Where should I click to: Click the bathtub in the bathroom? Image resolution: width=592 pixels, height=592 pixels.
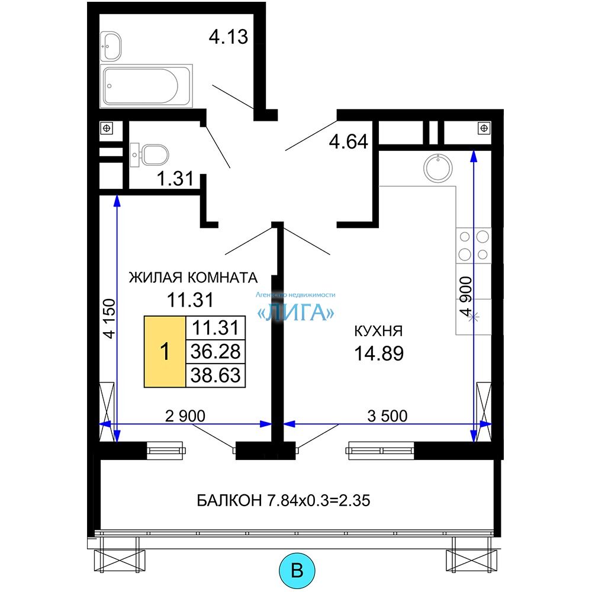tap(146, 86)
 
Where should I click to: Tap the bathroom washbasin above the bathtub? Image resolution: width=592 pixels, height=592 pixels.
tap(111, 46)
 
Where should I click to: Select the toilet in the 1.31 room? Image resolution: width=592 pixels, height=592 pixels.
tap(149, 155)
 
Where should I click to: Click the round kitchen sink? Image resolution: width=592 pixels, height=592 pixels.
tap(438, 168)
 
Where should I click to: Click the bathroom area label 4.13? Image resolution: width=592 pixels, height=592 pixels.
tap(229, 37)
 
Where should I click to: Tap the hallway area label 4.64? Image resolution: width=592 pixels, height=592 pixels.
tap(349, 142)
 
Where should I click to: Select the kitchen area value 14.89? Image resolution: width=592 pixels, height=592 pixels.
tap(379, 353)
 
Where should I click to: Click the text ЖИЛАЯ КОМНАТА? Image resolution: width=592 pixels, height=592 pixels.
tap(194, 278)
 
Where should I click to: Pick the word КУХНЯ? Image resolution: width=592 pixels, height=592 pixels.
tap(379, 331)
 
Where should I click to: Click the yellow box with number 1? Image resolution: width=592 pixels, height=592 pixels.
tap(165, 352)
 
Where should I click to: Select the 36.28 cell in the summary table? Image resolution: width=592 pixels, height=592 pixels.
tap(215, 352)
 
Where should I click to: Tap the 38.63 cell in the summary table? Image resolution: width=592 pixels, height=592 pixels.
tap(215, 375)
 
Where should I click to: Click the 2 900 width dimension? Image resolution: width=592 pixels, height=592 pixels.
tap(185, 416)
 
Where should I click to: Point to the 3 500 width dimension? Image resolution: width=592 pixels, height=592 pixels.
tap(387, 416)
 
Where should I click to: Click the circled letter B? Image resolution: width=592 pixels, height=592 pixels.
tap(297, 570)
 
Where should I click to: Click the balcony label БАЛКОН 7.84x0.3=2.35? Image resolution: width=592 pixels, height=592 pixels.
tap(284, 500)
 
